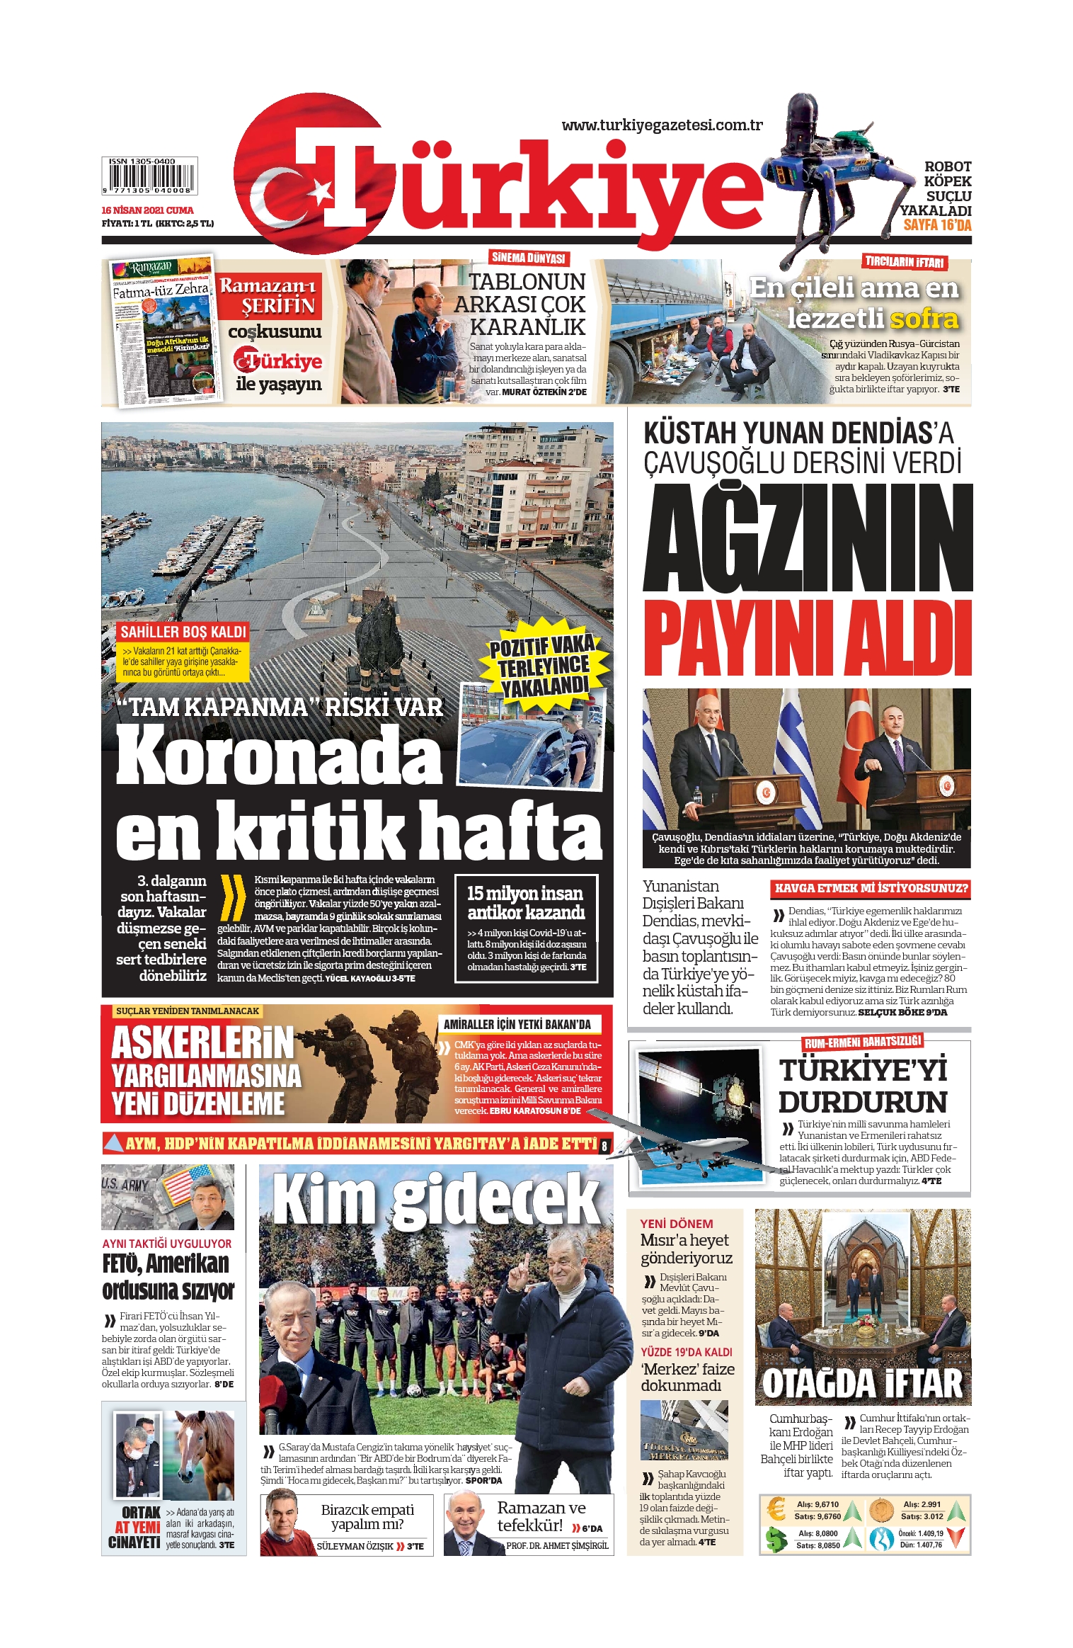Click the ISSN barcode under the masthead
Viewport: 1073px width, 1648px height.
coord(149,176)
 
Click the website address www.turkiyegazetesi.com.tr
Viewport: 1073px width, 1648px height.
coord(662,125)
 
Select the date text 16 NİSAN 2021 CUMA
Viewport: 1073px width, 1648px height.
coord(147,210)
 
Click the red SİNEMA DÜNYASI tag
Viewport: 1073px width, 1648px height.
coord(529,258)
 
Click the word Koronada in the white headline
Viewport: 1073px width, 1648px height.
coord(279,756)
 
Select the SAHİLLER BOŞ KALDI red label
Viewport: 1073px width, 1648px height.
coord(183,632)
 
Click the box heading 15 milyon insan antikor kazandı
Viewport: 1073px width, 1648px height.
coord(525,902)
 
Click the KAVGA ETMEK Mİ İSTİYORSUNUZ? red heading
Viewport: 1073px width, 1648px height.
coord(871,888)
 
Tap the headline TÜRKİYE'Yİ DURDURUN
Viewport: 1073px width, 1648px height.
coord(863,1086)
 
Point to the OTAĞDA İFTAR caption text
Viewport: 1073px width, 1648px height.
coord(862,1383)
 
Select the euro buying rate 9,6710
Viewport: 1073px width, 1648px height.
coord(826,1505)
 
